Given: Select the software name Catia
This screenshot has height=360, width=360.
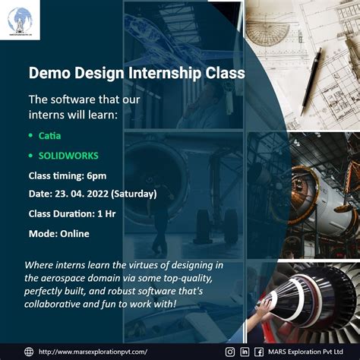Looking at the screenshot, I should (49, 135).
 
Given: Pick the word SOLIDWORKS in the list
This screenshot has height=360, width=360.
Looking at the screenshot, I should (68, 156).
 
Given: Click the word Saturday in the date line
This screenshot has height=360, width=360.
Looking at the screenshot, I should (134, 194).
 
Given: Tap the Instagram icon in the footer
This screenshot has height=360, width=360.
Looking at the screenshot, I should (230, 351).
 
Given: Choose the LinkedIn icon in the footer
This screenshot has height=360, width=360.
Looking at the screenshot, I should (244, 351).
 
